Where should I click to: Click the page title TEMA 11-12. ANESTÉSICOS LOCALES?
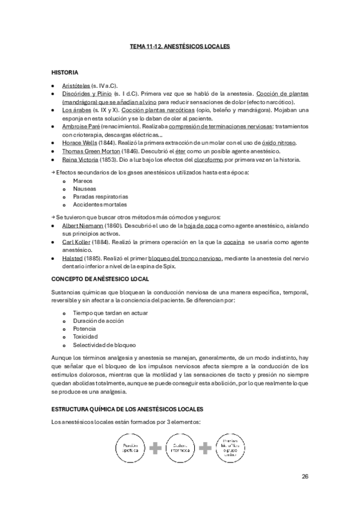click(180, 46)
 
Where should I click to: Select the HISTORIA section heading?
click(65, 72)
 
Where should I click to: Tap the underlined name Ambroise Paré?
click(82, 127)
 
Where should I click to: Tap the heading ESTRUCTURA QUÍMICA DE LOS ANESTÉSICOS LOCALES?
click(128, 409)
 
